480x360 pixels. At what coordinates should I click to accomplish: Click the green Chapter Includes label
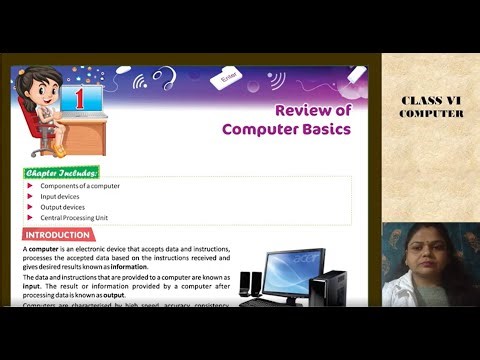(x=62, y=172)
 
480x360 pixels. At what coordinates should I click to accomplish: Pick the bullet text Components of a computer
(x=80, y=186)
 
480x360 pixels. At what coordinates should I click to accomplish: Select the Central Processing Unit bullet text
(x=74, y=217)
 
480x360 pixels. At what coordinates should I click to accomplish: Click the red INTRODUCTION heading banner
(x=57, y=235)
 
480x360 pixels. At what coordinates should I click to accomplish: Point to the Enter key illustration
(x=229, y=75)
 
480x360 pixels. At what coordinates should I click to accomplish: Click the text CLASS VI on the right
(x=431, y=100)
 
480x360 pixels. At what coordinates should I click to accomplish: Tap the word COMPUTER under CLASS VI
(x=431, y=113)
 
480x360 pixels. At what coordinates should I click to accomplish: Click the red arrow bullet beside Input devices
(x=30, y=197)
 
